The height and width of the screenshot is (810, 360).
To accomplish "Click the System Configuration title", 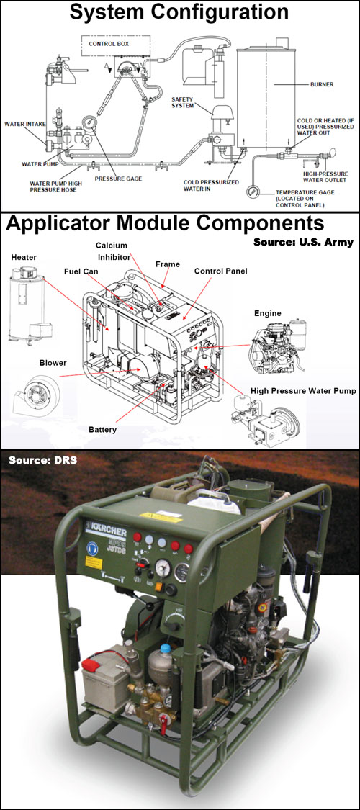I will click(180, 12).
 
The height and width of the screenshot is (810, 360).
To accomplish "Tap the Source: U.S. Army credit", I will click(303, 242).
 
